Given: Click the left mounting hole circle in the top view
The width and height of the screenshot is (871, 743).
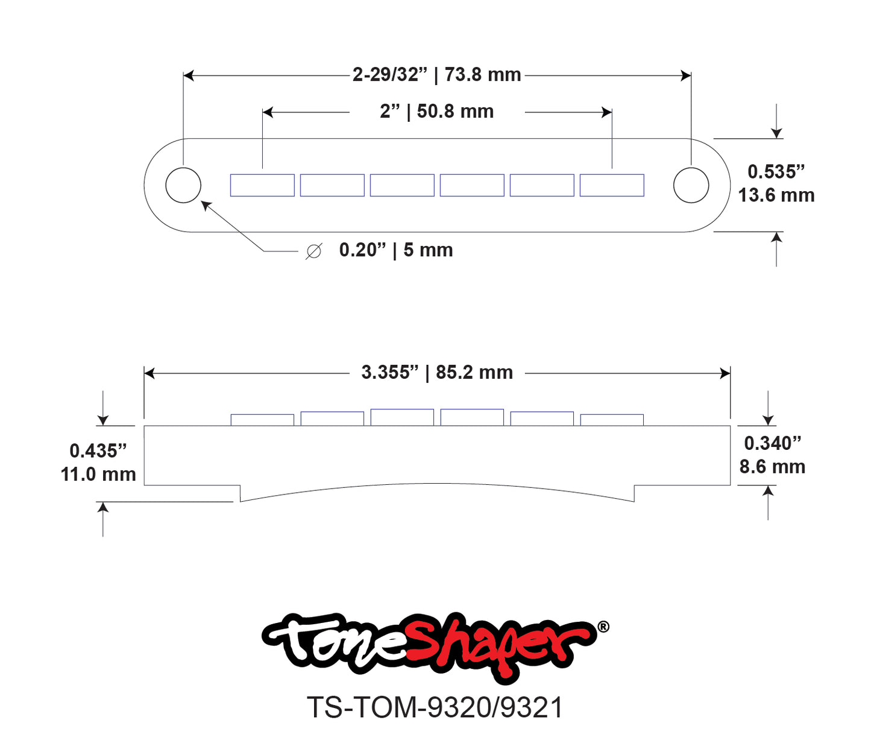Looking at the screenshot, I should click(183, 185).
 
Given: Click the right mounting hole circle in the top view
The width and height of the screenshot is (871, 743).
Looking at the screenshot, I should click(691, 185).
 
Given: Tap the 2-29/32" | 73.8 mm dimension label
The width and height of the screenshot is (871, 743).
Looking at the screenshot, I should click(436, 75).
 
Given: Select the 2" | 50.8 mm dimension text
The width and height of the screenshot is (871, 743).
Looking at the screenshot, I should click(436, 112).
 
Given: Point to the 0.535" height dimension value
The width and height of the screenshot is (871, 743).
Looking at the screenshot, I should click(776, 172).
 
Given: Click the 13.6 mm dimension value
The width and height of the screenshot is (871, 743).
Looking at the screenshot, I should click(776, 195).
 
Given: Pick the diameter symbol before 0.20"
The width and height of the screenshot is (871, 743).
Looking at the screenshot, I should click(314, 251).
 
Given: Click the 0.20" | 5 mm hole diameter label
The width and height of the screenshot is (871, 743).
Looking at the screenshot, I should click(395, 250).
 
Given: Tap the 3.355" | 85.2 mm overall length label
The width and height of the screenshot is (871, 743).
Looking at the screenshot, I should click(436, 373).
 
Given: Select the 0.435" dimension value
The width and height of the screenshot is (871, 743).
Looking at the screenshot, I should click(98, 451).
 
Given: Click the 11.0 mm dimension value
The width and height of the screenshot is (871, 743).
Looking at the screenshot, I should click(98, 474).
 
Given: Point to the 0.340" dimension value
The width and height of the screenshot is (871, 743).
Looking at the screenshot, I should click(772, 443).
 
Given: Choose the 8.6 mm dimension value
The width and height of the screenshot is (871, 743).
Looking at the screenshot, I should click(772, 467).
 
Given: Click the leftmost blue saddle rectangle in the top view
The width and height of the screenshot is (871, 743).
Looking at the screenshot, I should click(262, 185).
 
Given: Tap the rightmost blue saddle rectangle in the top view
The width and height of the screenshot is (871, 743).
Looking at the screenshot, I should click(612, 185).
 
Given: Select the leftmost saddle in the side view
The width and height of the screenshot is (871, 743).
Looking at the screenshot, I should click(262, 420).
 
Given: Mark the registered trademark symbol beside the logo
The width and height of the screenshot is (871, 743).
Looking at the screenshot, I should click(603, 627).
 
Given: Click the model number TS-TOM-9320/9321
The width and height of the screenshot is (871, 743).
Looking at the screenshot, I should click(435, 707).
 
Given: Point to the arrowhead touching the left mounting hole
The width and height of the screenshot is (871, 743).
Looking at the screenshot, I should click(206, 206).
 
